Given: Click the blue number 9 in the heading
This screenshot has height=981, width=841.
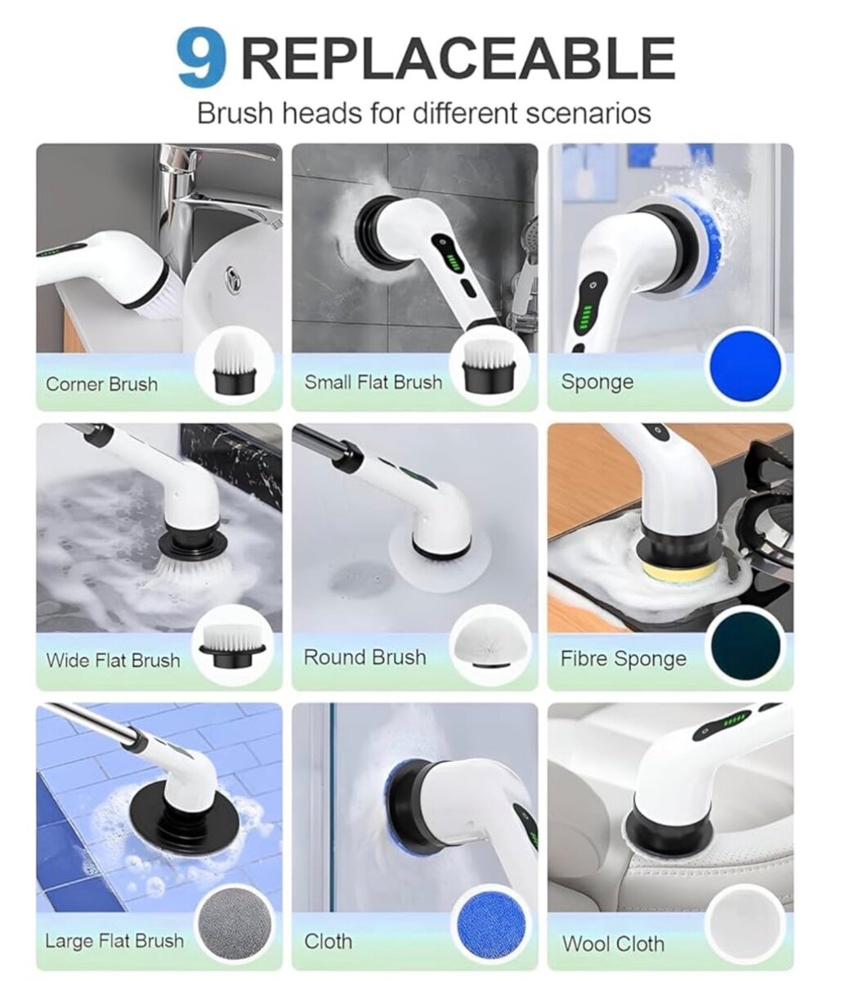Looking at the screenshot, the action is (200, 60).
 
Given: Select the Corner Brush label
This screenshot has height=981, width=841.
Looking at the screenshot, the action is (101, 384).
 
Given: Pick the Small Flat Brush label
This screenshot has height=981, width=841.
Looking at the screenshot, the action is (373, 382).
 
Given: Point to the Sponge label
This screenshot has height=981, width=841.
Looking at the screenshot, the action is (597, 383).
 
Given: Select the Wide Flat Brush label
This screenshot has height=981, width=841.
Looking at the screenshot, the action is (113, 661).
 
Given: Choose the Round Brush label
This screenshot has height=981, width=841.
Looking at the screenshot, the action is (365, 657).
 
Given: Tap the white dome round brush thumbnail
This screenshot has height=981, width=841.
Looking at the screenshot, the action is (490, 643).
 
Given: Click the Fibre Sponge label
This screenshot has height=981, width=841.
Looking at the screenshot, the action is (623, 659).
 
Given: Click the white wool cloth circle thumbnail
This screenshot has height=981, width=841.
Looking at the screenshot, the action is (745, 925).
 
